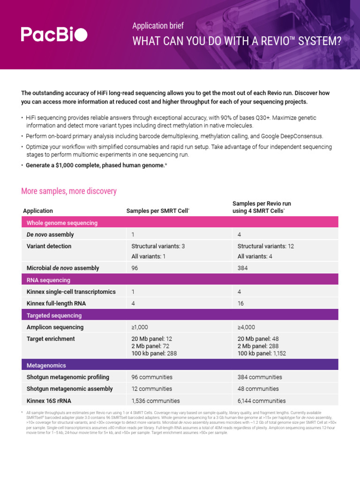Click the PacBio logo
pos(54,34)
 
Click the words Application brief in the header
pos(158,26)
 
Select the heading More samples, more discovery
pos(69,191)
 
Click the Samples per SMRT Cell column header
pos(158,211)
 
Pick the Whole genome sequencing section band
pos(62,223)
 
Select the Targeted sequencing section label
pos(54,315)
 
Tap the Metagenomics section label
pos(46,365)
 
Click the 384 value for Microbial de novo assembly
pos(243,268)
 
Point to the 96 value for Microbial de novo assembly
pos(135,268)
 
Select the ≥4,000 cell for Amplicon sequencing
pos(247,327)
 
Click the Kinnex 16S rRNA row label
pos(49,401)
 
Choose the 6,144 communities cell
pos(262,401)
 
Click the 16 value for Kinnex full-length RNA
pos(241,303)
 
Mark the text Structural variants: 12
pos(266,246)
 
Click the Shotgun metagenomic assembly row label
pos(70,389)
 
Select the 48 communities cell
pos(258,389)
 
